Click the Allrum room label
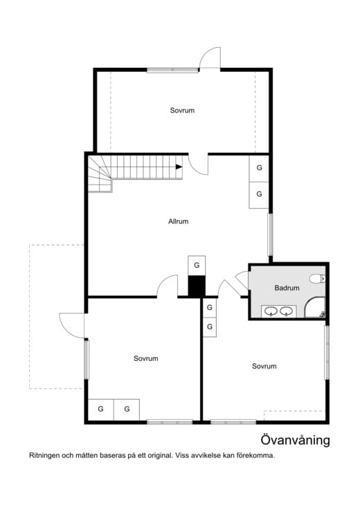point(178,221)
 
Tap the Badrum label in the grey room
point(287,288)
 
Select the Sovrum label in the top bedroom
point(182,110)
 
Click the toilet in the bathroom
point(318,278)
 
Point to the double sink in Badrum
point(279,311)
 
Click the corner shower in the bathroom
point(315,308)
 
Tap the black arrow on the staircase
point(179,167)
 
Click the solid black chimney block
point(197,286)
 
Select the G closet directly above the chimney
point(197,266)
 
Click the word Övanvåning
point(295,440)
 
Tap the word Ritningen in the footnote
point(44,456)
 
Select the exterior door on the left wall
point(72,325)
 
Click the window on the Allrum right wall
point(270,234)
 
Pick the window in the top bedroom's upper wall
point(172,70)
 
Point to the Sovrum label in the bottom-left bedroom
point(145,358)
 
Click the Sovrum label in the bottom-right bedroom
point(264,367)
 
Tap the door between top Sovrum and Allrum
point(199,165)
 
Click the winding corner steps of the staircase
point(100,174)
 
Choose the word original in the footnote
point(160,456)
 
